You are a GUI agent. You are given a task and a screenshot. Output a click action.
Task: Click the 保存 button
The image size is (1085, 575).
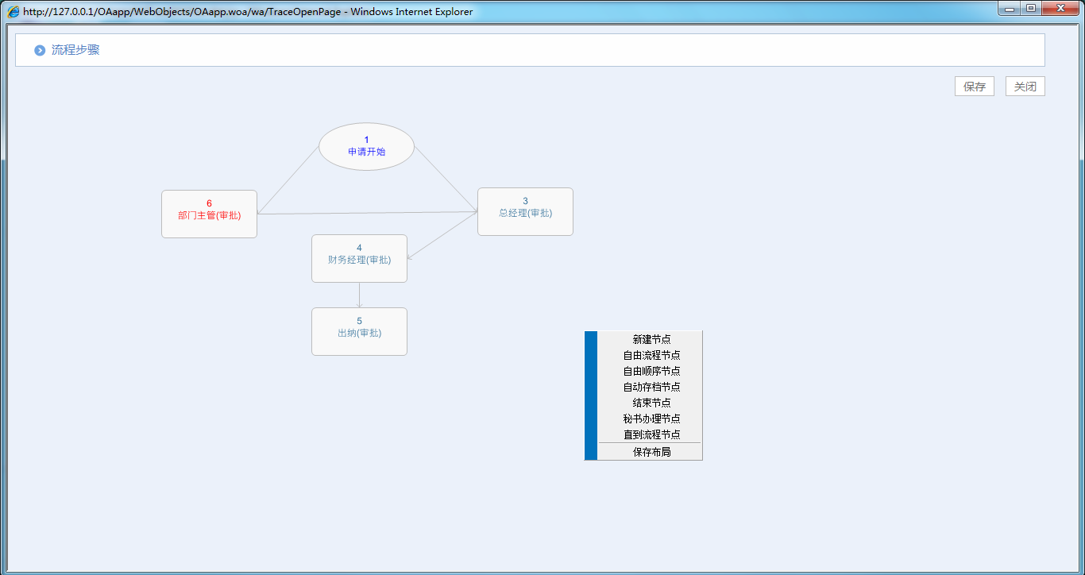click(974, 87)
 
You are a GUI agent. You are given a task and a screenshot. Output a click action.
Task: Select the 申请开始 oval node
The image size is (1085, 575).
click(366, 146)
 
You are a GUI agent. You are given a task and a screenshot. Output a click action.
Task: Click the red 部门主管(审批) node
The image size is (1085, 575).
click(209, 214)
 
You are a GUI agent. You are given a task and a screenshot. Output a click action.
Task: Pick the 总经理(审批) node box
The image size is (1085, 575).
click(525, 211)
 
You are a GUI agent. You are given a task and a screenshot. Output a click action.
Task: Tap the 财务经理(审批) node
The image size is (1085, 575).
click(359, 258)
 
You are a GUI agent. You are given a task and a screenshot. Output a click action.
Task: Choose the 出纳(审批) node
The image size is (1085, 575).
click(359, 331)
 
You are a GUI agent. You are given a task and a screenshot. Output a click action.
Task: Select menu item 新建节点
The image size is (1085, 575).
click(651, 339)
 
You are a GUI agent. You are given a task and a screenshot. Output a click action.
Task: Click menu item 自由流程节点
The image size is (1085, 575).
click(651, 355)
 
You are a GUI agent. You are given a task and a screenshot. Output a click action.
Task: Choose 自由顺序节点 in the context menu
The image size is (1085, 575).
click(651, 371)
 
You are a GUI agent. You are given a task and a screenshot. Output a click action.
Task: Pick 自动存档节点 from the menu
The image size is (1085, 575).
click(651, 387)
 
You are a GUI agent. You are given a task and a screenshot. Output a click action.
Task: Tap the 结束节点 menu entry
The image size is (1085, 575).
click(651, 403)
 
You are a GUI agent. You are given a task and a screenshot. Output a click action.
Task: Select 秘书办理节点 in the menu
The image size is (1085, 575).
click(651, 419)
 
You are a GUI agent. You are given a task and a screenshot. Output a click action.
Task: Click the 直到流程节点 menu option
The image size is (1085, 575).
click(651, 434)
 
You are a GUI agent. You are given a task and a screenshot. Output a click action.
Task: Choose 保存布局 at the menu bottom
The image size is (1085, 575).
click(651, 452)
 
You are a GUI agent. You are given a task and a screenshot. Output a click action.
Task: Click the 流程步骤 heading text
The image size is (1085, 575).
click(75, 50)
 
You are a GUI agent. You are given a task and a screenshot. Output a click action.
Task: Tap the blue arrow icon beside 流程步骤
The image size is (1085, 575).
click(40, 51)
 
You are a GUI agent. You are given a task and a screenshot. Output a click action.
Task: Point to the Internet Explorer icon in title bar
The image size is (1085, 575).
click(14, 12)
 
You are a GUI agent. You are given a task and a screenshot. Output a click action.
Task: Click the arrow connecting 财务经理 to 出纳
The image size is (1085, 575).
click(359, 295)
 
